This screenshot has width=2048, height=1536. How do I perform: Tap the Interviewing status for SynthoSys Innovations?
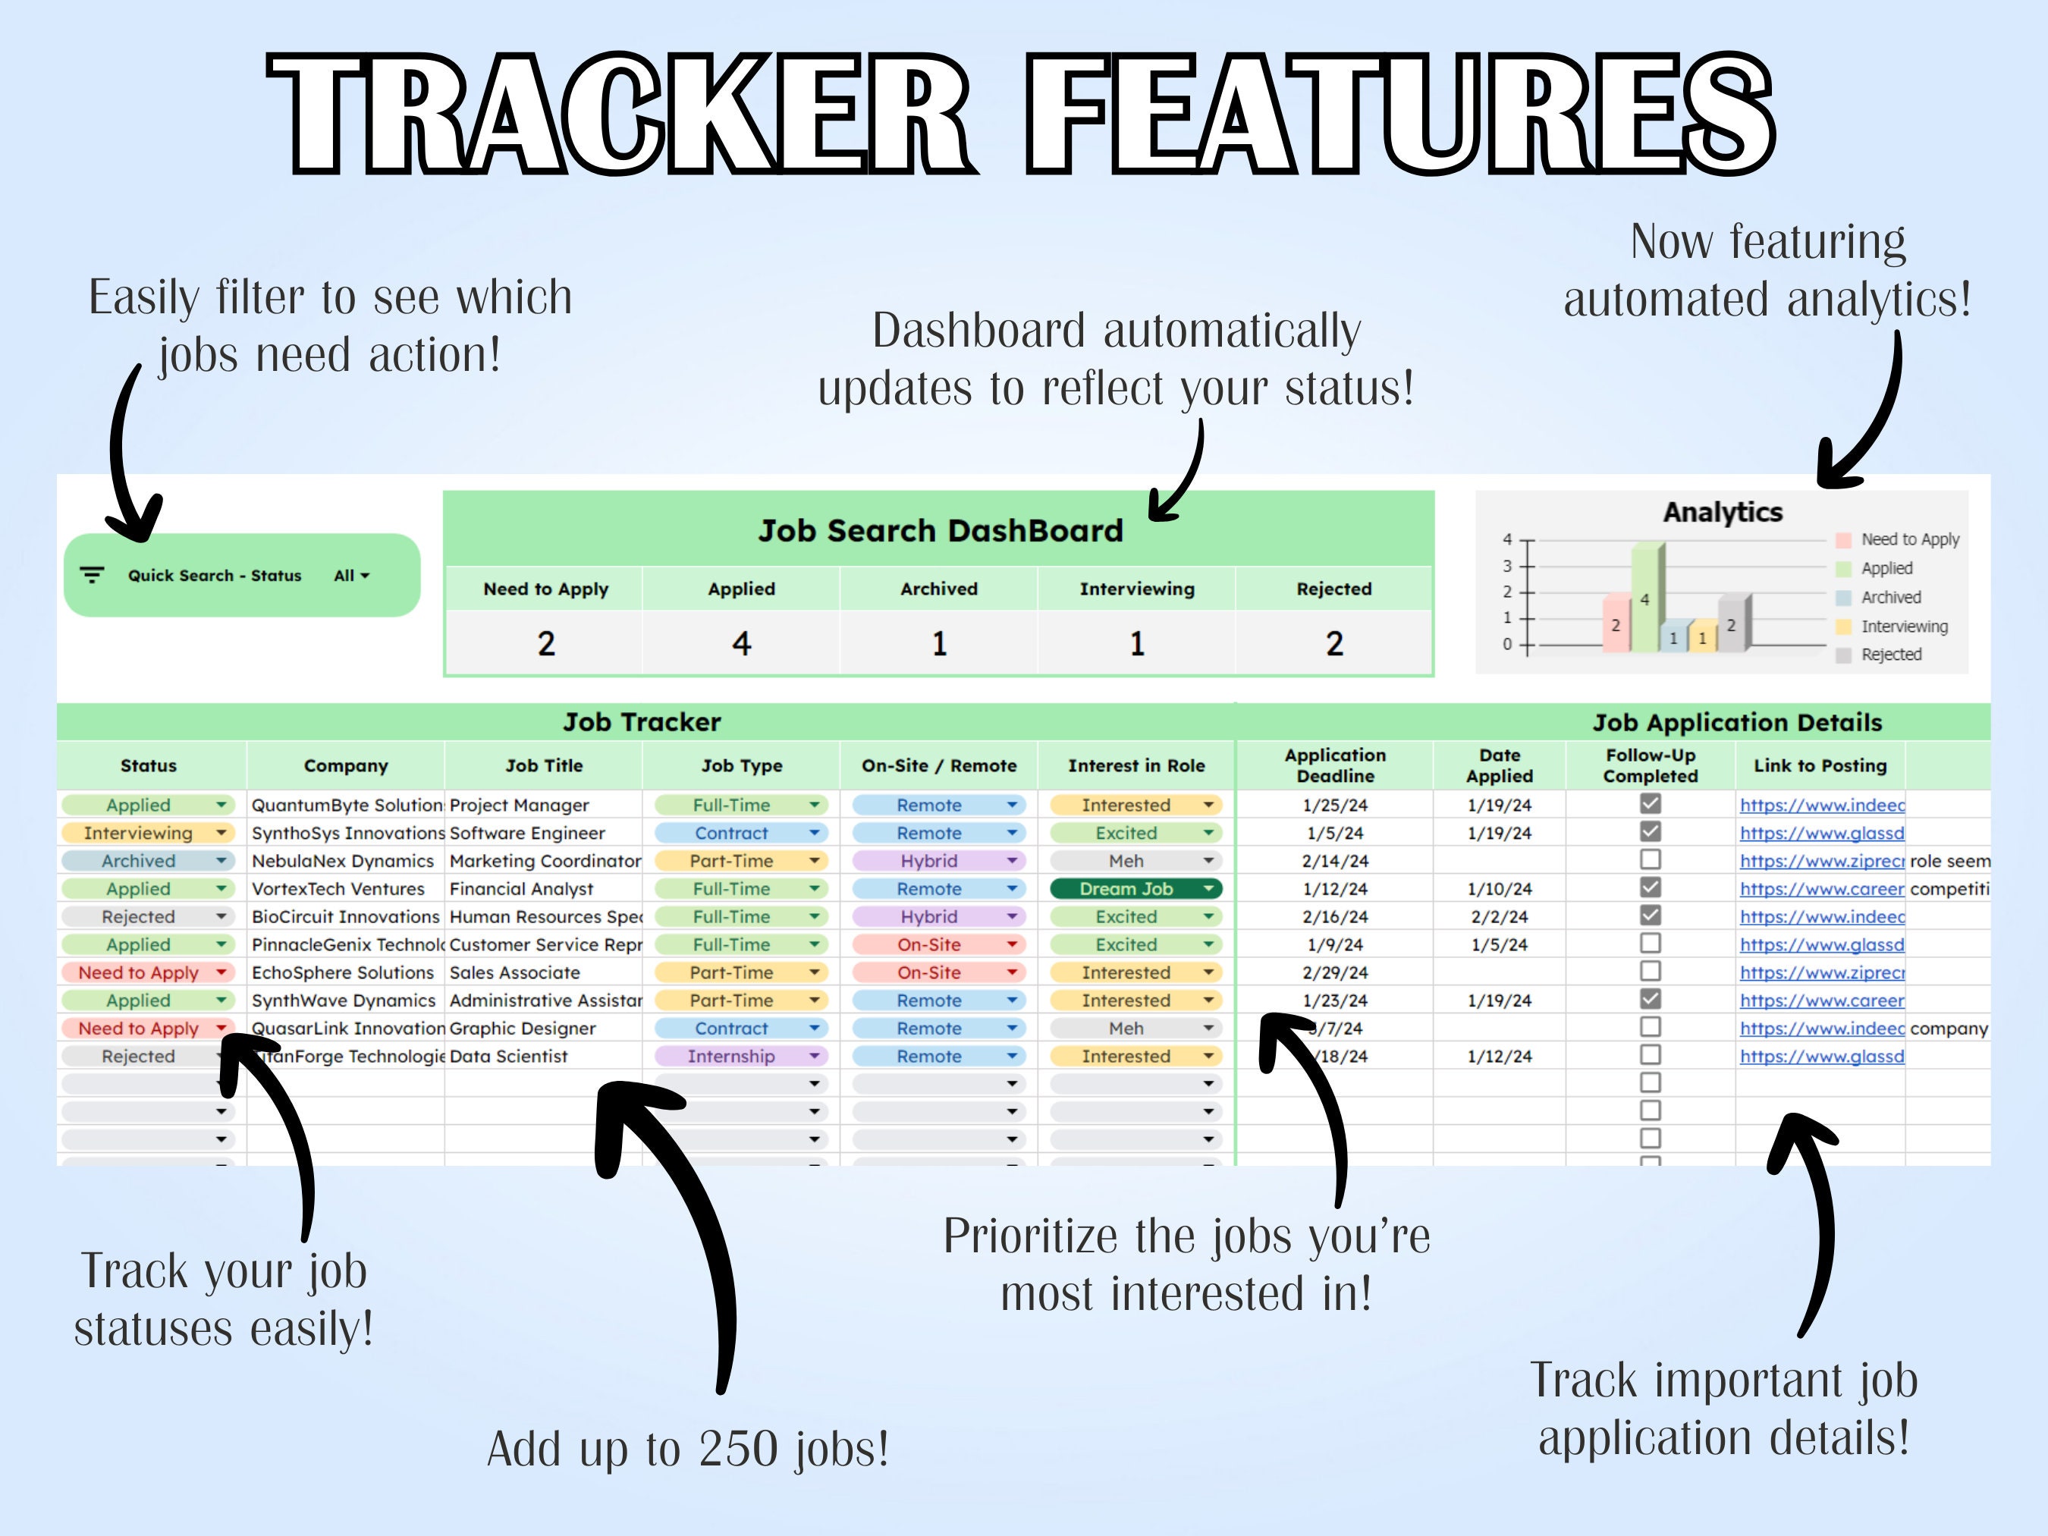[x=146, y=834]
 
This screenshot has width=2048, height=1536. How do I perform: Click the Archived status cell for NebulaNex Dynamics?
[x=146, y=861]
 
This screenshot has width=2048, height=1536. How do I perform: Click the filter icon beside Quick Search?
[x=92, y=576]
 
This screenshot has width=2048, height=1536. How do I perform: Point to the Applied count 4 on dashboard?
[x=742, y=643]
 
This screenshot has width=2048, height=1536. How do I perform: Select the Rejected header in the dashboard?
[x=1333, y=589]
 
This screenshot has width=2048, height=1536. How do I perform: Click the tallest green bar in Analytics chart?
[x=1645, y=600]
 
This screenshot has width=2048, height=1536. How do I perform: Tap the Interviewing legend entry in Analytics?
[x=1904, y=627]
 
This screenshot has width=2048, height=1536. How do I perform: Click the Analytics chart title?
[x=1722, y=512]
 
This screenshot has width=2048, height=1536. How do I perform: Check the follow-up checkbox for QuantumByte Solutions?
[x=1650, y=803]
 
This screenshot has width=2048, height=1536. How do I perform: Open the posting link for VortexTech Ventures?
[x=1821, y=889]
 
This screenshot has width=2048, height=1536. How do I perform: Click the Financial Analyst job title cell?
[x=522, y=889]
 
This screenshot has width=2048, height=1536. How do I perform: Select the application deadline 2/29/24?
[x=1335, y=972]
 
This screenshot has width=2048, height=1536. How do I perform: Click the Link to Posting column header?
[x=1820, y=765]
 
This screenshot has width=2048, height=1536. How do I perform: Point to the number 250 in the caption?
[x=738, y=1449]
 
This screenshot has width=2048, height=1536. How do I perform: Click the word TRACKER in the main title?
[x=620, y=113]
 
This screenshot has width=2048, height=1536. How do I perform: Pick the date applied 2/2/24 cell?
[x=1499, y=916]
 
